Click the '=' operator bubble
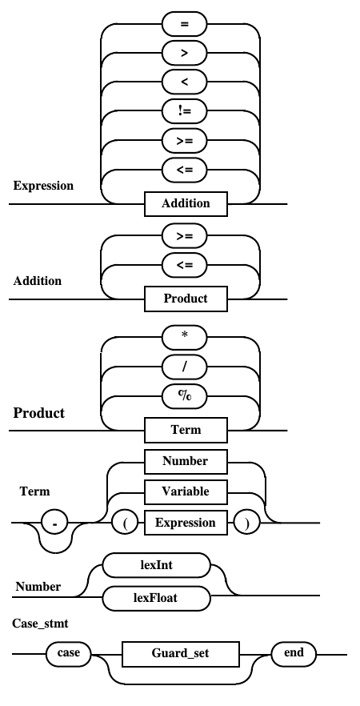[x=184, y=24]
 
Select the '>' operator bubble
[x=184, y=53]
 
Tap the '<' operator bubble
[x=184, y=82]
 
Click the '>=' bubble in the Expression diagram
[x=184, y=141]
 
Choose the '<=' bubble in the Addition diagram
[x=184, y=265]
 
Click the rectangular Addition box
[x=186, y=203]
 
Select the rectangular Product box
[x=186, y=299]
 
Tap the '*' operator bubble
[x=184, y=338]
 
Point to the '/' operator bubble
[x=184, y=367]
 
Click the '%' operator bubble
[x=184, y=396]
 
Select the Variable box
[x=186, y=491]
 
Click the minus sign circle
[x=54, y=523]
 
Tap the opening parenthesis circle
[x=125, y=523]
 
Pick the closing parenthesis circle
[x=246, y=523]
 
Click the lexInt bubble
[x=157, y=565]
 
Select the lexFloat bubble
[x=157, y=598]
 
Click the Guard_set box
[x=181, y=654]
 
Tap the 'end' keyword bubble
[x=294, y=653]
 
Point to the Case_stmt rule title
[x=41, y=624]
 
